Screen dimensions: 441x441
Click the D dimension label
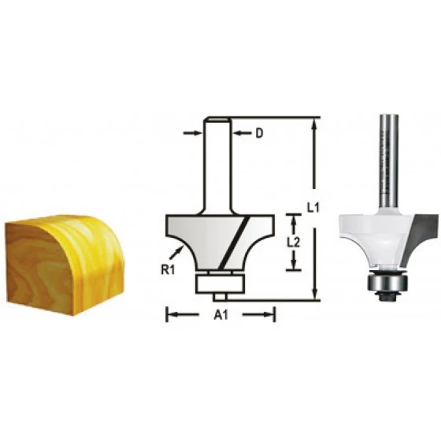pyautogui.click(x=259, y=133)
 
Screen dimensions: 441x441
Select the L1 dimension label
pyautogui.click(x=313, y=208)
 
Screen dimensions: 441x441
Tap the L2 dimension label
pyautogui.click(x=293, y=243)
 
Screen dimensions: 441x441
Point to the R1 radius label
pyautogui.click(x=168, y=270)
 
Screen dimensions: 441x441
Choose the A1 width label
pyautogui.click(x=220, y=315)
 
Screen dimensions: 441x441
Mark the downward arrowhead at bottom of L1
pyautogui.click(x=315, y=293)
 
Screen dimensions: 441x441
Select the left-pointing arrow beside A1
pyautogui.click(x=182, y=314)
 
